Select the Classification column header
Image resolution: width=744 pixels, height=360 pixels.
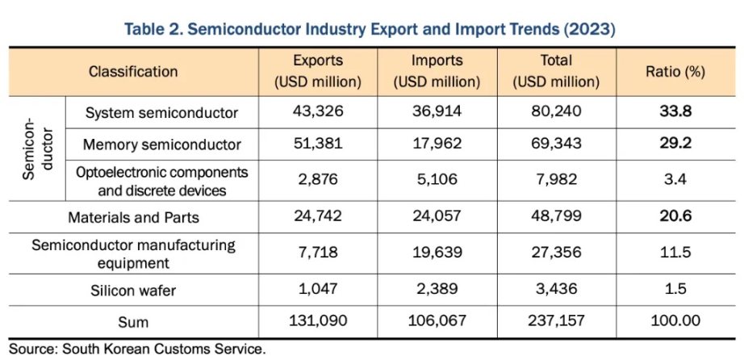tap(133, 71)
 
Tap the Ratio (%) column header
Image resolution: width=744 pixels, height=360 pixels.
tap(675, 71)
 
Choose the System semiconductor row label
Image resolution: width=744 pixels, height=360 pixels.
tap(161, 112)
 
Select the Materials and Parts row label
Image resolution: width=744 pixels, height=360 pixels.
tap(133, 217)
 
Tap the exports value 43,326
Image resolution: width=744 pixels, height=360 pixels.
tap(318, 112)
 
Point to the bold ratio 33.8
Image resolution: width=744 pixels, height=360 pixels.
tap(675, 112)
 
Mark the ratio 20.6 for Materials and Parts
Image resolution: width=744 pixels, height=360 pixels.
tap(675, 217)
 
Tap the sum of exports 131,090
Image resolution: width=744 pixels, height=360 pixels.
tap(318, 321)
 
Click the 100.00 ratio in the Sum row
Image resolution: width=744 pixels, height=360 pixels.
tap(675, 321)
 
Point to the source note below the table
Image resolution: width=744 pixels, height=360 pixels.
tap(133, 350)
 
